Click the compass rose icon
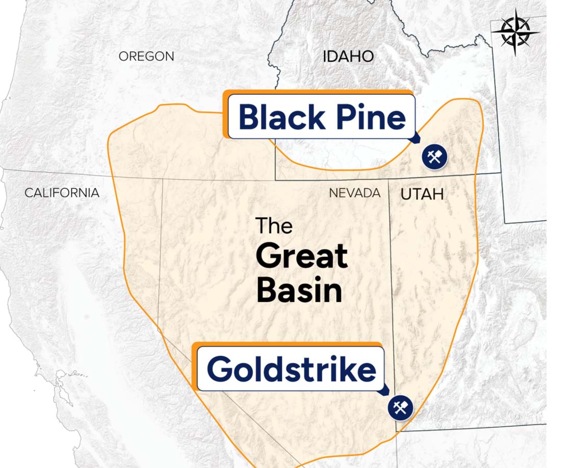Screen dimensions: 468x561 (x=515, y=32)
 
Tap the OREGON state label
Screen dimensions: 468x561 (x=146, y=56)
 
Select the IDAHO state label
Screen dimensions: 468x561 (x=348, y=56)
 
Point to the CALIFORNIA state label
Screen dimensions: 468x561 (x=62, y=193)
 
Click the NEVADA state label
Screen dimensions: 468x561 (x=354, y=193)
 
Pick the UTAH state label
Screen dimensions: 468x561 (x=422, y=194)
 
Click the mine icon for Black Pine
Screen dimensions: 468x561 (x=434, y=157)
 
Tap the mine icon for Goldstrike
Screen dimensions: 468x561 (x=400, y=408)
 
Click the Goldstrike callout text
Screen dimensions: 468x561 (x=291, y=369)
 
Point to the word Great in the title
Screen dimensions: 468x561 (x=301, y=256)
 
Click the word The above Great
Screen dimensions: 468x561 (x=274, y=225)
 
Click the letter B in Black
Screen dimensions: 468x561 (x=248, y=117)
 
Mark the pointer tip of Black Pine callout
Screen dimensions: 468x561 (x=419, y=142)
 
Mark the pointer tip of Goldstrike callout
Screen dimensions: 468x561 (x=388, y=393)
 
